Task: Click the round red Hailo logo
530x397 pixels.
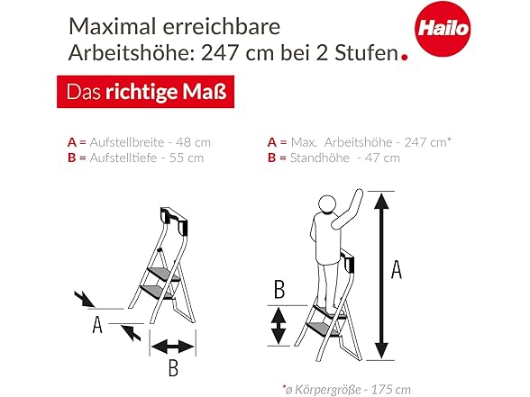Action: click(443, 29)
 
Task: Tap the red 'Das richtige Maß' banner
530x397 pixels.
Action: click(145, 92)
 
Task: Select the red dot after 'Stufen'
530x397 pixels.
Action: click(404, 57)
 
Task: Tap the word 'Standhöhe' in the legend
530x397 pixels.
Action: click(320, 158)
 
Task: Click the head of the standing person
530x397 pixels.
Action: click(327, 204)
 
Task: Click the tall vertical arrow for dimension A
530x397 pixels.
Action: click(381, 275)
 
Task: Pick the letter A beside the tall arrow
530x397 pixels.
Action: click(397, 269)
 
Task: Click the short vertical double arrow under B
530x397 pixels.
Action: click(279, 326)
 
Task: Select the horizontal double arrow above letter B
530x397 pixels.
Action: click(173, 347)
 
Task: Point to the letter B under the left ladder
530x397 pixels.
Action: click(173, 368)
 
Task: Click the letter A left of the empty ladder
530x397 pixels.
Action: click(97, 325)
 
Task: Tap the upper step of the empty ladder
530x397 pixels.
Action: click(163, 274)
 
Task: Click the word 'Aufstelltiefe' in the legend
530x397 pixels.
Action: click(123, 158)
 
